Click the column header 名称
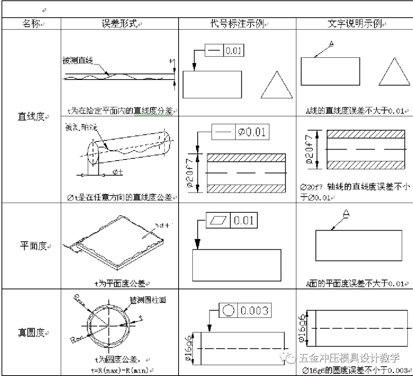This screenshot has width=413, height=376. pyautogui.click(x=31, y=24)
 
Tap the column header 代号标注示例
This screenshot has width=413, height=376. pyautogui.click(x=237, y=24)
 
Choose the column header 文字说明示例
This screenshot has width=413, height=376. pyautogui.click(x=354, y=24)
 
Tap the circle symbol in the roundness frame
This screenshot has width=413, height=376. pyautogui.click(x=228, y=311)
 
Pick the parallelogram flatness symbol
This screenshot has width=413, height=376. pyautogui.click(x=218, y=221)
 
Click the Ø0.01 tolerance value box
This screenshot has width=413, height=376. pyautogui.click(x=251, y=132)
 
